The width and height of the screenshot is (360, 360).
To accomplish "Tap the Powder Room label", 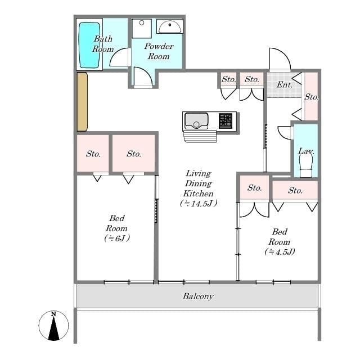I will coord(159,51).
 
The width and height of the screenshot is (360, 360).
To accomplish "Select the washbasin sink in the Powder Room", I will coord(169,26).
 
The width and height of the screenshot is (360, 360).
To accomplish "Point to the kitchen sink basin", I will coord(196,120).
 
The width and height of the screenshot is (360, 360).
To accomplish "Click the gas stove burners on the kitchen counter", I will coord(226,121).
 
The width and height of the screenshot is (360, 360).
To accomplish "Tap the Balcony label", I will coord(198,296).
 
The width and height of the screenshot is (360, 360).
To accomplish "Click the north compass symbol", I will coord(54,326).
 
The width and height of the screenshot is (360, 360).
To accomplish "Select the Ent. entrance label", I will coord(284,85).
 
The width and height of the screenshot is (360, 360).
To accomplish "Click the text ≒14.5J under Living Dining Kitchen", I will coord(198,204).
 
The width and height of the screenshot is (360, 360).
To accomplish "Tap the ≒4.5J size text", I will coord(279,251).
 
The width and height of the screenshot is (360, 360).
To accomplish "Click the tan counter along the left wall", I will coord(82,101).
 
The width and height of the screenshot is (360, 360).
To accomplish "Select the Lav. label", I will coord(305,151).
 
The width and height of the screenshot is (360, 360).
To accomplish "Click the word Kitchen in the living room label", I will coord(198,193).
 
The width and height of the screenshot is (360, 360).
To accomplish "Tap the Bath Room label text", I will coord(103,44).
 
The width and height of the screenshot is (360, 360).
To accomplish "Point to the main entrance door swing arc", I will coord(280,60).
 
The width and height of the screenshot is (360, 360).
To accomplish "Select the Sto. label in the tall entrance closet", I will coord(311,97).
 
